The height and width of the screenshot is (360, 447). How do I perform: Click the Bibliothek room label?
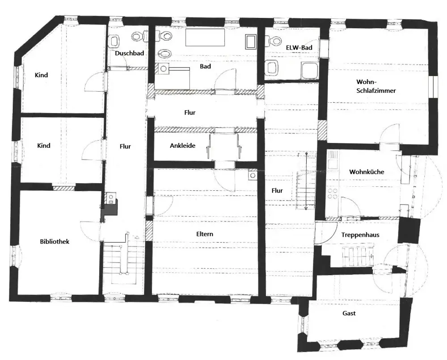(x=55, y=242)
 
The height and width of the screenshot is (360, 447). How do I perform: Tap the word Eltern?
(x=205, y=234)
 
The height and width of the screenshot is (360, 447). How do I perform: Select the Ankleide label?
(x=183, y=146)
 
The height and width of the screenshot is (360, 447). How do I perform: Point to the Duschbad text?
(x=130, y=53)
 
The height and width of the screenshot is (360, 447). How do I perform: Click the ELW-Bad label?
(x=299, y=47)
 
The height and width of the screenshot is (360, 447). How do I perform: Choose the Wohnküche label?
(x=367, y=172)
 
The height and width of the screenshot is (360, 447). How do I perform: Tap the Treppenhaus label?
(x=360, y=235)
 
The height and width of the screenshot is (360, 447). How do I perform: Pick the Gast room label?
(x=349, y=313)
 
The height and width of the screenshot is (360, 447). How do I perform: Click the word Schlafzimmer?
(x=376, y=91)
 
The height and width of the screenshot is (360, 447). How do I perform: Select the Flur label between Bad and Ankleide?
(x=190, y=113)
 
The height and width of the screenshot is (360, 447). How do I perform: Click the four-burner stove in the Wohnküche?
(x=332, y=194)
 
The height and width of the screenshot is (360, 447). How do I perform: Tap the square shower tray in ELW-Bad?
(x=309, y=71)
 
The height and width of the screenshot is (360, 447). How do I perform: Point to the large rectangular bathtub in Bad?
(x=205, y=37)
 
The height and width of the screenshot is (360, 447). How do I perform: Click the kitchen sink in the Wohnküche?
(x=333, y=164)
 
